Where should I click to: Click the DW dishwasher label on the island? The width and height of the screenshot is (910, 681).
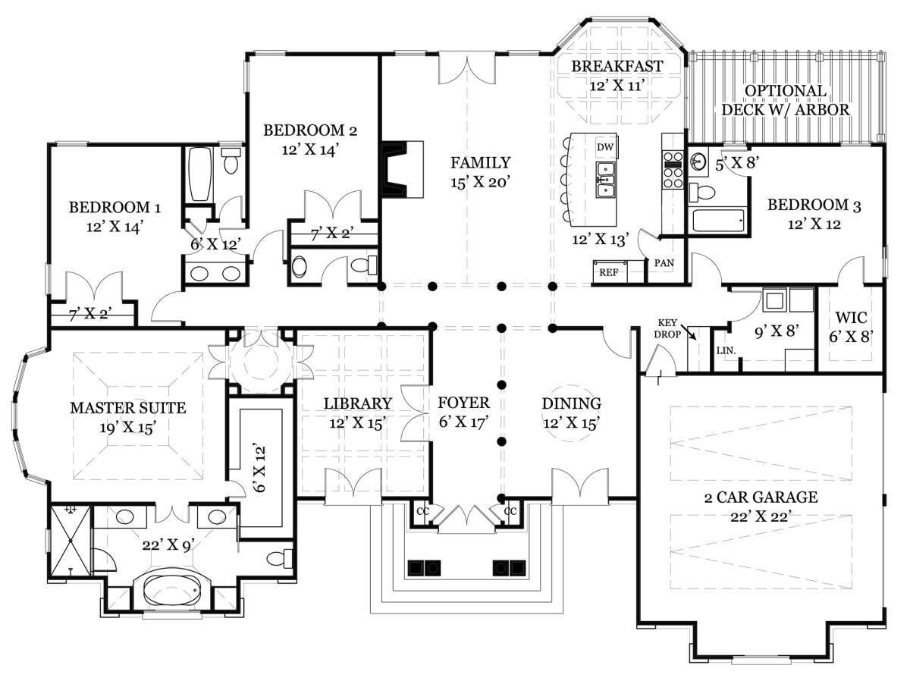[x=605, y=146]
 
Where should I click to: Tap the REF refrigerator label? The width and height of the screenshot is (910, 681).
[x=609, y=272]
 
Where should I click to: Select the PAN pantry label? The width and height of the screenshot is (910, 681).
[x=664, y=263]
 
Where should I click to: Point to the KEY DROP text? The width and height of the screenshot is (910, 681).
[x=667, y=328]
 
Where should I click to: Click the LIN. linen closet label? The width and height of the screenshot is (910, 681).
[x=726, y=350]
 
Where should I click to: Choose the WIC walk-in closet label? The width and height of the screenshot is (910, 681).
[x=851, y=318]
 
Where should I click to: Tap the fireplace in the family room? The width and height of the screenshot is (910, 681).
[x=402, y=169]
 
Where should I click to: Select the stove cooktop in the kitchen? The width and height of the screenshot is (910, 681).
[x=673, y=170]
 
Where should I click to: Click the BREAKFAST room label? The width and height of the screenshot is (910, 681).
[x=617, y=66]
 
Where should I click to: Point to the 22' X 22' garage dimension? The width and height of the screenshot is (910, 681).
[x=761, y=516]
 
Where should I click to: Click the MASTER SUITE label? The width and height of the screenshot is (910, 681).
[x=128, y=408]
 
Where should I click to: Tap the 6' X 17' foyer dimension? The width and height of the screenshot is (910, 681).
[x=463, y=422]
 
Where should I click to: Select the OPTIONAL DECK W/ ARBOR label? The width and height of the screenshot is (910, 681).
[x=786, y=100]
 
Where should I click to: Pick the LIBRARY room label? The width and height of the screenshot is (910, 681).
[x=358, y=403]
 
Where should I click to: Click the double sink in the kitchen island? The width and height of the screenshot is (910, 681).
[x=606, y=180]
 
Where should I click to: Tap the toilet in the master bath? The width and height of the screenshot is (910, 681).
[x=280, y=558]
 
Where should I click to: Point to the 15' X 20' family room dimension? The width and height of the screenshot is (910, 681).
[x=481, y=182]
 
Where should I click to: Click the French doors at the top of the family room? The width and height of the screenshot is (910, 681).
[x=467, y=68]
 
